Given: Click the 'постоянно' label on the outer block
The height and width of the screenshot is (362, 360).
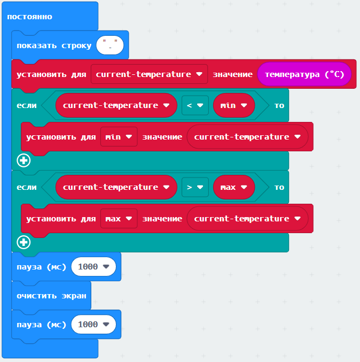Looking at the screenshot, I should pyautogui.click(x=29, y=17).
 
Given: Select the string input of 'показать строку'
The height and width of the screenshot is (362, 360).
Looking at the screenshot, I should pyautogui.click(x=110, y=45).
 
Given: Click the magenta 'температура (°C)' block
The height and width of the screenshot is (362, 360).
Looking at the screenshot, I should pyautogui.click(x=304, y=74).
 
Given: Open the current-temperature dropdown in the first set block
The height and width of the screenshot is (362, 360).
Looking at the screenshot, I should pyautogui.click(x=149, y=74).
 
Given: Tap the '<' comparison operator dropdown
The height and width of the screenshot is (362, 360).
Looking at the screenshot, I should pyautogui.click(x=194, y=105).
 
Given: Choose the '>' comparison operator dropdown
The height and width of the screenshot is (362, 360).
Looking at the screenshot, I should pyautogui.click(x=194, y=187).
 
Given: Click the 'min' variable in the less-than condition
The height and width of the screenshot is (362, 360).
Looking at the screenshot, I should pyautogui.click(x=233, y=105).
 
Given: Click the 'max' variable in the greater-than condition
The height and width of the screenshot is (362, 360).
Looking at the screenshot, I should pyautogui.click(x=233, y=187).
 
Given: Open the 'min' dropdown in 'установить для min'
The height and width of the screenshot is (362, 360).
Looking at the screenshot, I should pyautogui.click(x=119, y=137).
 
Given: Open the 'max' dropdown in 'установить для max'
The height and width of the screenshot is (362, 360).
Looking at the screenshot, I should pyautogui.click(x=119, y=219).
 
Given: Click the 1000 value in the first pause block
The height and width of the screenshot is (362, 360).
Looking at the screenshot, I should pyautogui.click(x=93, y=266).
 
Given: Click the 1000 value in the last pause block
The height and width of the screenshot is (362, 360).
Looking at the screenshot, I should pyautogui.click(x=93, y=324).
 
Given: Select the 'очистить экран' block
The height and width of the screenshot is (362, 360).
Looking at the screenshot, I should pyautogui.click(x=51, y=295).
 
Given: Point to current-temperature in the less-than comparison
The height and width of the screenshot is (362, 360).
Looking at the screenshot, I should pyautogui.click(x=116, y=105).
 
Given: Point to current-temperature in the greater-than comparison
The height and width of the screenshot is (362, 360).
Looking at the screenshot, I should pyautogui.click(x=116, y=187).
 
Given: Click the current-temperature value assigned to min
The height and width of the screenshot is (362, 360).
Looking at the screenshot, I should pyautogui.click(x=247, y=137).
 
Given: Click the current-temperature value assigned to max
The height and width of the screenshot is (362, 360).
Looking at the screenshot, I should pyautogui.click(x=247, y=219).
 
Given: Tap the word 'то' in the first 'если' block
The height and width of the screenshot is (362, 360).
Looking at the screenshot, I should pyautogui.click(x=279, y=105).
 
